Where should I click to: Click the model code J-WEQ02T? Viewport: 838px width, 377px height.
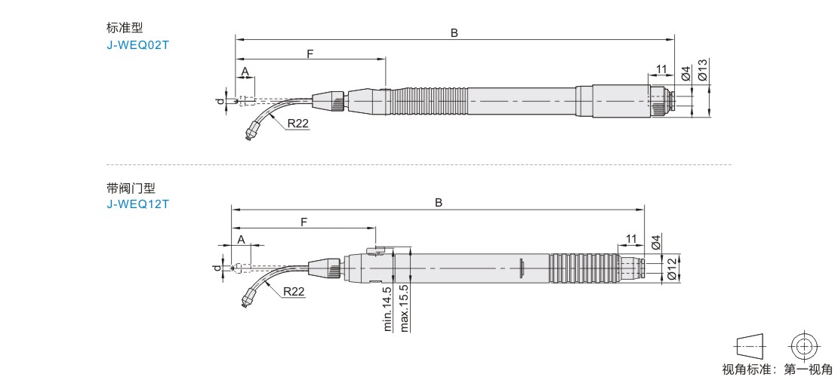pyautogui.click(x=138, y=44)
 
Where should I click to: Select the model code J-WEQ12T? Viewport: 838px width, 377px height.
pyautogui.click(x=138, y=204)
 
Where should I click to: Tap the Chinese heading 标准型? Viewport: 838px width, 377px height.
pyautogui.click(x=125, y=28)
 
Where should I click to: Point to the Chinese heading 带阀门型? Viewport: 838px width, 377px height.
pyautogui.click(x=131, y=188)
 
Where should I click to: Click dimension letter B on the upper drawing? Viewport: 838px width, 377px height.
pyautogui.click(x=454, y=32)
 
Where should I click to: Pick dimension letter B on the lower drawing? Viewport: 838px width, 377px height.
pyautogui.click(x=438, y=203)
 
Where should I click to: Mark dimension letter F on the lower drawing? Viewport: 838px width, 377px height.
pyautogui.click(x=303, y=222)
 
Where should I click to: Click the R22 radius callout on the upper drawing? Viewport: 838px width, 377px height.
pyautogui.click(x=297, y=124)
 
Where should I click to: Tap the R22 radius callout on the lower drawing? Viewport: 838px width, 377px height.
pyautogui.click(x=294, y=292)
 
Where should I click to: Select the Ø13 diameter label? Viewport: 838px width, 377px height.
pyautogui.click(x=703, y=70)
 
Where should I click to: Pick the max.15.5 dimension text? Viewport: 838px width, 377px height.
pyautogui.click(x=405, y=308)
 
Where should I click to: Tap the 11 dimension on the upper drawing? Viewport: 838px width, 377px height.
pyautogui.click(x=661, y=69)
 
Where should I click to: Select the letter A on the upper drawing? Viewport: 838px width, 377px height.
pyautogui.click(x=245, y=71)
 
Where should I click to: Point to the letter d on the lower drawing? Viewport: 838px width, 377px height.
pyautogui.click(x=217, y=267)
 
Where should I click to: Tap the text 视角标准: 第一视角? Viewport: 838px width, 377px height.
pyautogui.click(x=777, y=369)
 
